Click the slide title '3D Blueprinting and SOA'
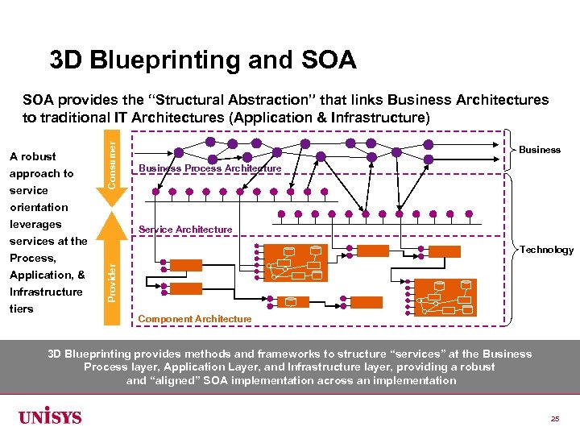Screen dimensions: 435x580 202,60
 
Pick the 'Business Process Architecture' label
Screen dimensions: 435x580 210,168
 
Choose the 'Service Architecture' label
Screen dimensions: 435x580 185,230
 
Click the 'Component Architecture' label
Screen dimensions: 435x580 195,319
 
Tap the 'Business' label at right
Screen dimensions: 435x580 539,150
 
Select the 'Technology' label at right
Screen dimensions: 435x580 546,250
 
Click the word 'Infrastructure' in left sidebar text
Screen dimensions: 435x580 46,292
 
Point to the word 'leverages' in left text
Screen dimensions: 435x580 35,224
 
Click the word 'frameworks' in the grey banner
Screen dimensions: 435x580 270,354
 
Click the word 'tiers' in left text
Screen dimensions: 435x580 22,309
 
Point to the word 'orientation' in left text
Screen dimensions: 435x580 39,207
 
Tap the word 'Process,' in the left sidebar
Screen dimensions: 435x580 33,258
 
